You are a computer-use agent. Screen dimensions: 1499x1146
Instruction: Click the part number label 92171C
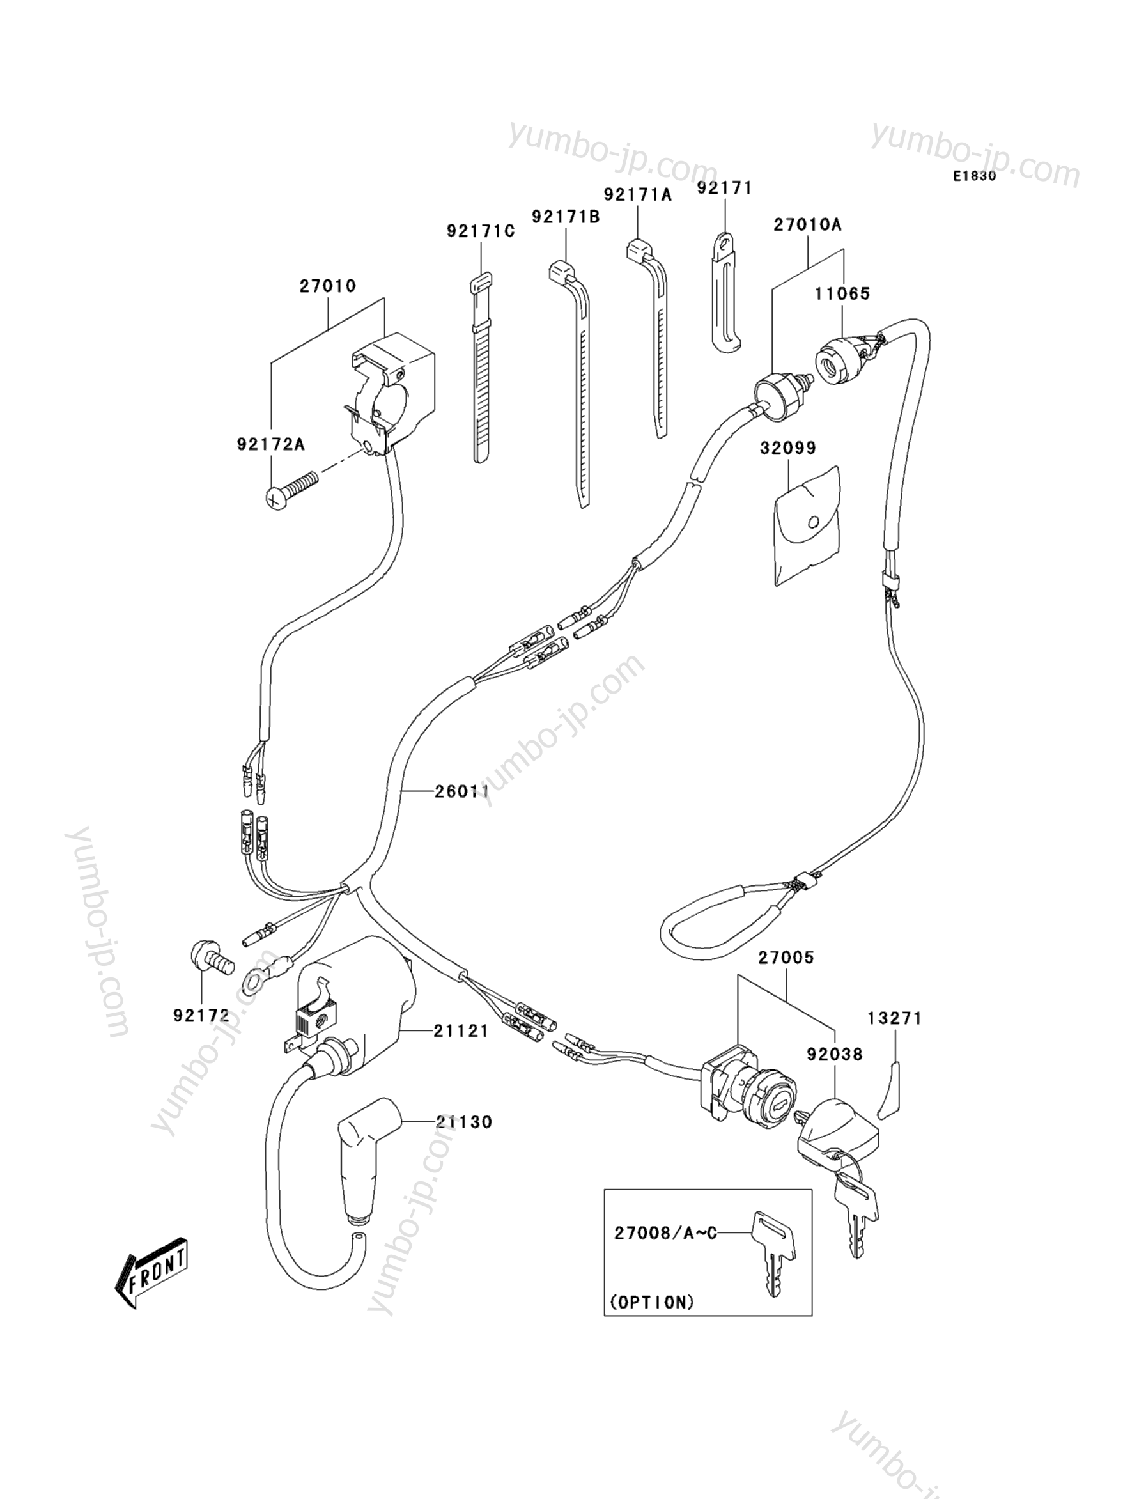480,231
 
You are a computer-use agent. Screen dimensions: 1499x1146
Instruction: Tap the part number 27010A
807,224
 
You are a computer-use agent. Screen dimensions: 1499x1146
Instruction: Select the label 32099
788,447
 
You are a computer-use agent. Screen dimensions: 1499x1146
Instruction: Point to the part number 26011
462,791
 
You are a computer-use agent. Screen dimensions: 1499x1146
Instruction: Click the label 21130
464,1122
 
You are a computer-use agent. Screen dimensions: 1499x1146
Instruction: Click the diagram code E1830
975,176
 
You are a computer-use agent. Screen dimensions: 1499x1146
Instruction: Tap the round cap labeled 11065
840,360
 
